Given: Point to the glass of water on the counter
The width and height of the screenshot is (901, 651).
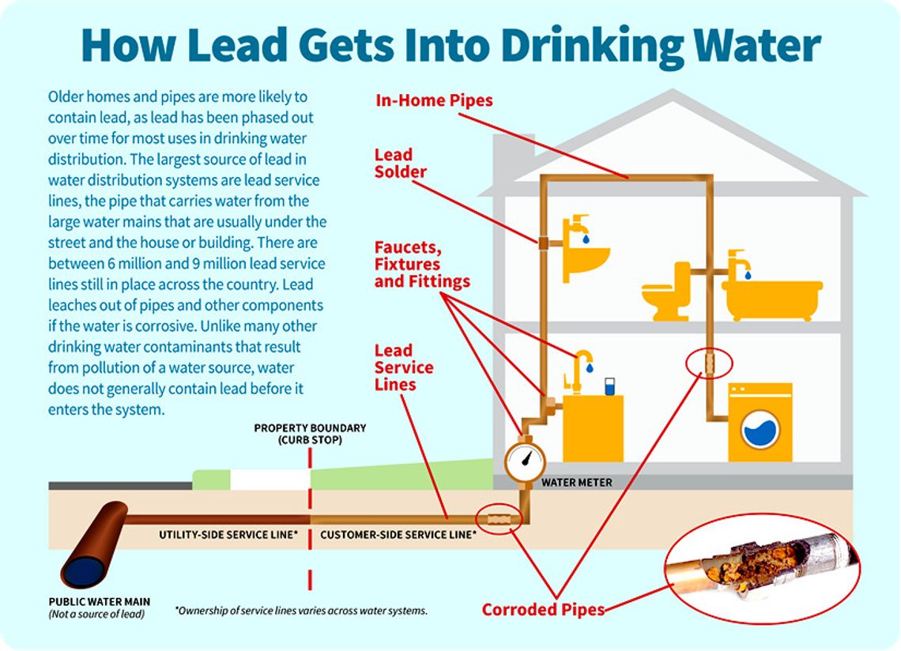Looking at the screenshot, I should [x=609, y=387].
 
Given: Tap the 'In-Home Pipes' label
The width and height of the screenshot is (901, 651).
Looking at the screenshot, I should [x=434, y=100].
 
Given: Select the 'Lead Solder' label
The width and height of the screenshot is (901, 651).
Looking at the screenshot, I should [x=400, y=163].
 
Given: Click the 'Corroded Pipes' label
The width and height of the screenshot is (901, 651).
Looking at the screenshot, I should [x=544, y=609].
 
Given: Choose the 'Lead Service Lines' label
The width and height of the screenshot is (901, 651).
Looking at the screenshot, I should [x=403, y=367].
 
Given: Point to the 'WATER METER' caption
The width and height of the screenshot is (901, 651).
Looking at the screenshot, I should [x=576, y=482].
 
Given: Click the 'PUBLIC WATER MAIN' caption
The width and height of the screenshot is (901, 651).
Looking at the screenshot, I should [x=99, y=602].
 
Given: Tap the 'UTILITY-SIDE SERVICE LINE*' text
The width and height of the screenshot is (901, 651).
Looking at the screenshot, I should [x=228, y=535].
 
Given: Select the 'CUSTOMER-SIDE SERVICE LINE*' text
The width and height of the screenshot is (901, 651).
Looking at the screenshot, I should [x=398, y=535].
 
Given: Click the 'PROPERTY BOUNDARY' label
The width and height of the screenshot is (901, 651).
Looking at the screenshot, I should [x=310, y=428].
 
